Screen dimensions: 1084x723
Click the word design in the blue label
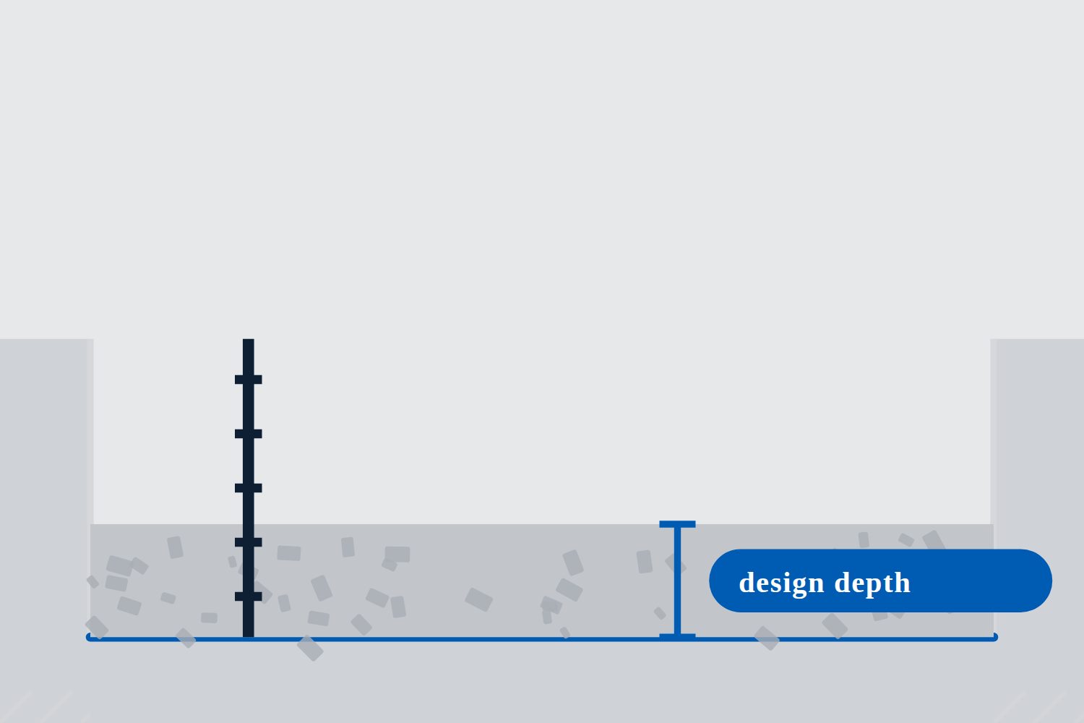pos(781,583)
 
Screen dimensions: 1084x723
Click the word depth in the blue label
pos(872,583)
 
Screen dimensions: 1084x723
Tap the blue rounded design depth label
pos(880,581)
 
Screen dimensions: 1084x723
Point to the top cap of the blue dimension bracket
pos(677,524)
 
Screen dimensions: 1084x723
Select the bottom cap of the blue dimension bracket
pos(677,636)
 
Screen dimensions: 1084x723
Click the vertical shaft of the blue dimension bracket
pos(677,581)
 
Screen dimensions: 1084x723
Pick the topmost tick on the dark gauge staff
pos(249,380)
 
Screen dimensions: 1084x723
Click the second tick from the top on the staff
pos(249,434)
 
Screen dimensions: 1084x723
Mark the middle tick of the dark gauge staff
pos(249,488)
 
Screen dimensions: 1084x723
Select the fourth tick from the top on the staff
pos(249,542)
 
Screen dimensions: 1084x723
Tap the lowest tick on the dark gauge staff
pos(249,596)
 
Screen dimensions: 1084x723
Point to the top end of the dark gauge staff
pos(249,340)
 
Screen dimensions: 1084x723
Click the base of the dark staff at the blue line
pos(249,636)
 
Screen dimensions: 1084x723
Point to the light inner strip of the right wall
pos(994,431)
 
